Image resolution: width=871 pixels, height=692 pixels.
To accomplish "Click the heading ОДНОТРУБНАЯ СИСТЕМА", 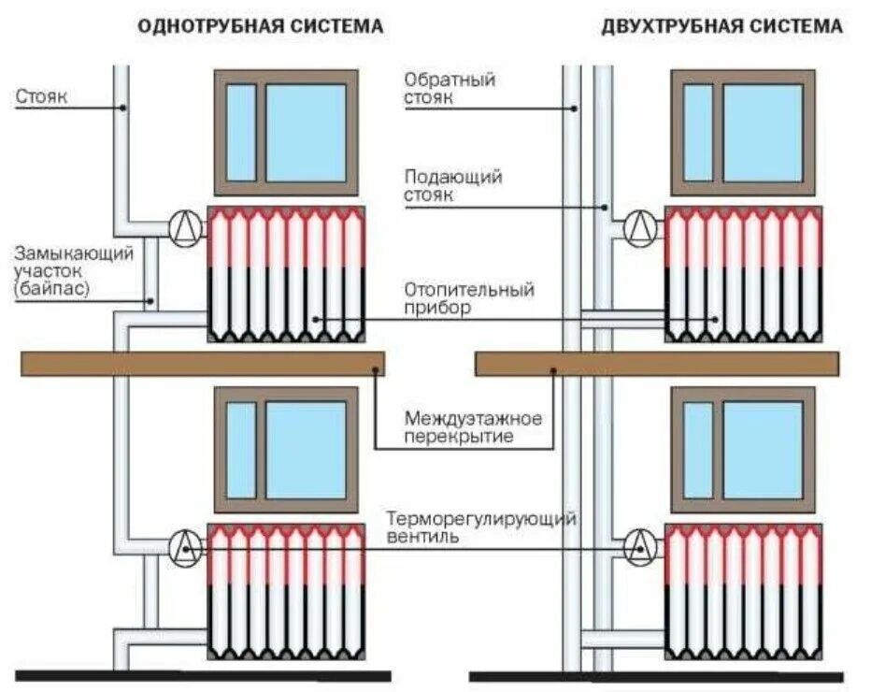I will [x=260, y=26].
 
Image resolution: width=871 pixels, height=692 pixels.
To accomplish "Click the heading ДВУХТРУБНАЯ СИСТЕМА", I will [x=722, y=26].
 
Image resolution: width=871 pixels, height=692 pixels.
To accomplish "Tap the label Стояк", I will [x=42, y=95].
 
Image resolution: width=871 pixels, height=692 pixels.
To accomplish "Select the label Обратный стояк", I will [x=450, y=88].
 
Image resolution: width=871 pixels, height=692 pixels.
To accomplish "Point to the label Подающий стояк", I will [x=453, y=185].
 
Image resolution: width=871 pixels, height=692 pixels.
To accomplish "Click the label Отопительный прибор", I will [x=468, y=298].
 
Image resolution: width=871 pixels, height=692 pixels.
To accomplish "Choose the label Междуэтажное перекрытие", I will [x=473, y=426].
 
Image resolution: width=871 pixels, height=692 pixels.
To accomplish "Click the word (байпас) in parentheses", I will [x=52, y=289].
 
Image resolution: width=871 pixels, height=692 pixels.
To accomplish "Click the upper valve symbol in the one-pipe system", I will [x=186, y=227].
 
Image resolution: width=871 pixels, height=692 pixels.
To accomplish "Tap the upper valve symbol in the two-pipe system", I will [x=640, y=226].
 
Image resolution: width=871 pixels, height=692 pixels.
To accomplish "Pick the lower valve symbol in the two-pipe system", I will [x=640, y=546].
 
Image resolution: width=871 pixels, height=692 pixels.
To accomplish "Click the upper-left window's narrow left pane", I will [x=241, y=132].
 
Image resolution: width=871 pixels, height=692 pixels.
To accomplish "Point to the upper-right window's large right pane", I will [x=763, y=132].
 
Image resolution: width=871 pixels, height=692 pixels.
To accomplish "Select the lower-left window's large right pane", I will [x=306, y=450].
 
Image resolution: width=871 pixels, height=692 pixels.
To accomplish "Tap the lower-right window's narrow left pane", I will [x=697, y=450].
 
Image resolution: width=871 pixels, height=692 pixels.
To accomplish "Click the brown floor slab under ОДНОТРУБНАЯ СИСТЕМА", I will [x=202, y=364].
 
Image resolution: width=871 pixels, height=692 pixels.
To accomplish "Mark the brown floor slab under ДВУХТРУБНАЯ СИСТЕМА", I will [x=656, y=364].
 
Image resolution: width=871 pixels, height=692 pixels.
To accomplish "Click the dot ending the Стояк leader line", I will [x=122, y=108].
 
